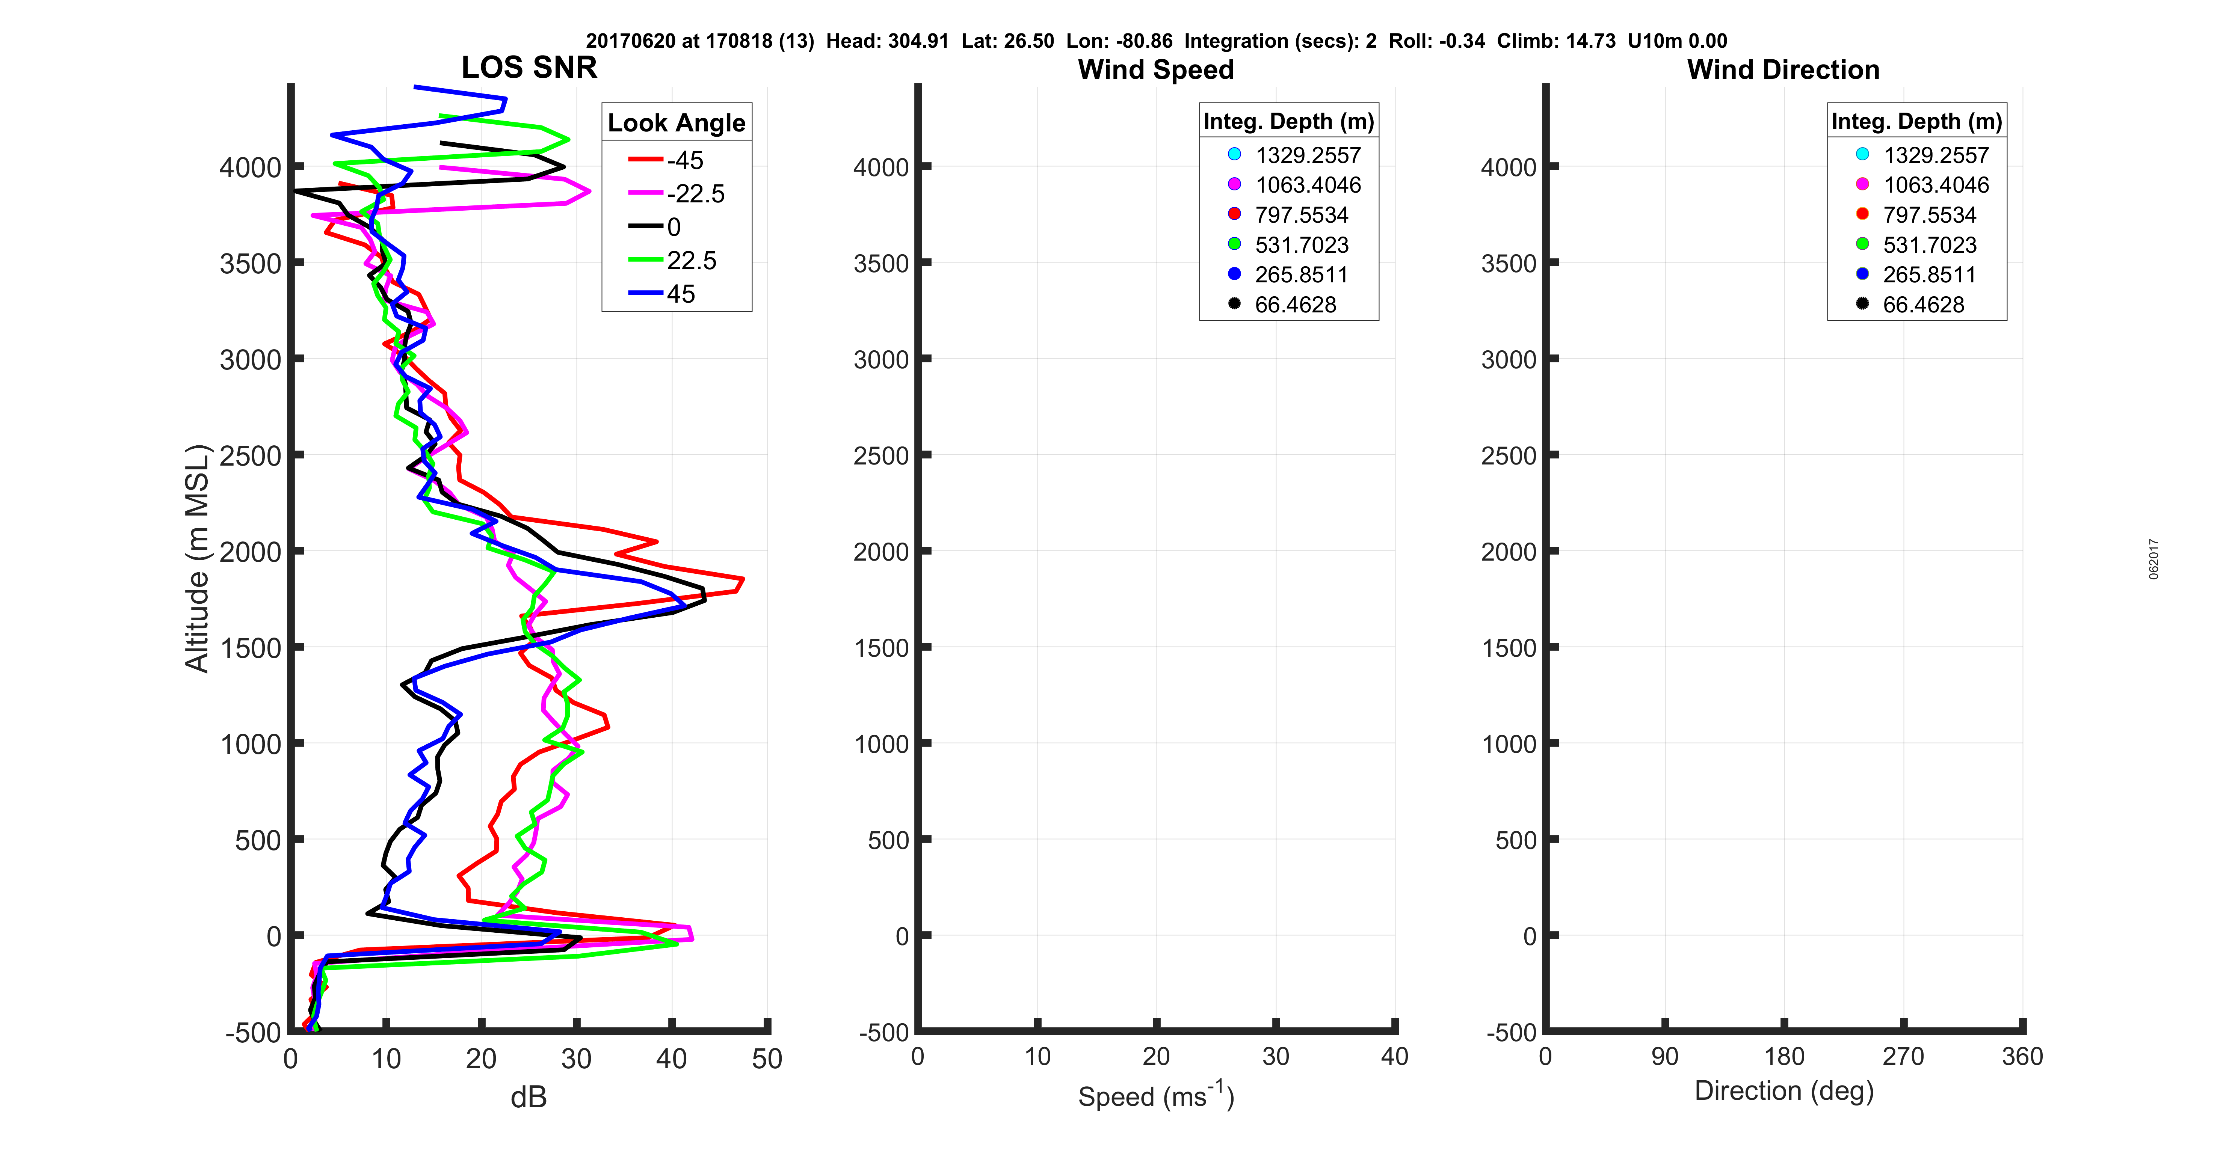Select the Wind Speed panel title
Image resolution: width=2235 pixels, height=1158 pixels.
pos(1156,69)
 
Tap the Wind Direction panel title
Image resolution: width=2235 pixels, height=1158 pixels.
pos(1783,69)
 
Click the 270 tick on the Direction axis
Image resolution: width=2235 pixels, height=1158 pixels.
pos(1903,1057)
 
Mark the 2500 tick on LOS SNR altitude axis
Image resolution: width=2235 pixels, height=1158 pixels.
pos(250,455)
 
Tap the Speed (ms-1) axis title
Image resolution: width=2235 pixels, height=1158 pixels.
pos(1156,1096)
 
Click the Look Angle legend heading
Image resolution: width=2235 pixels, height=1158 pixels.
pos(676,123)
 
